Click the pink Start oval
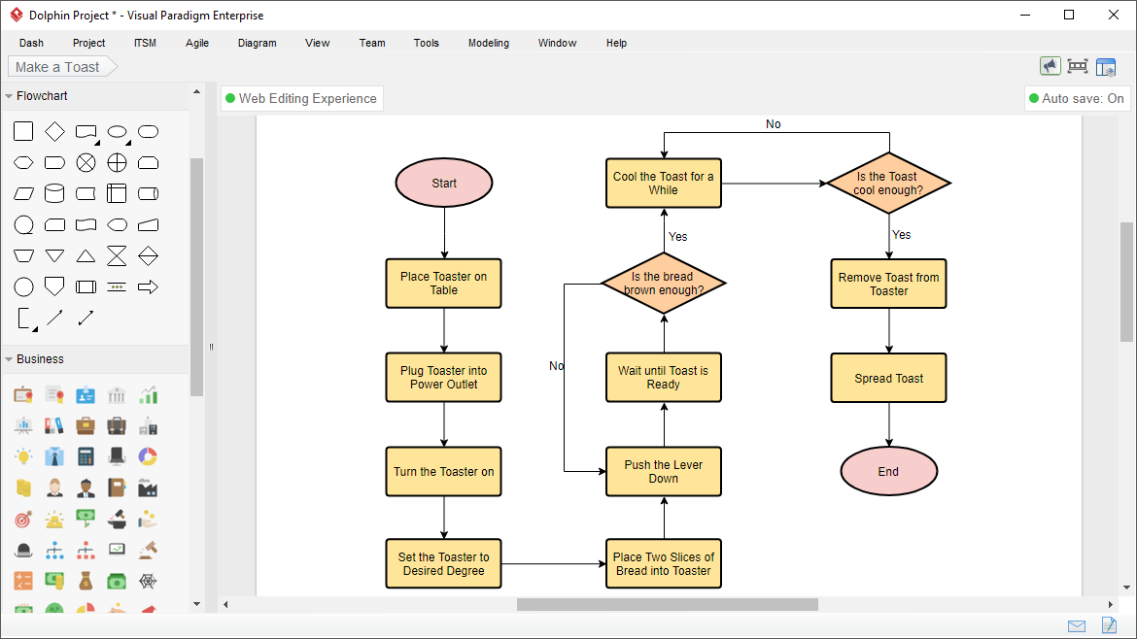pos(444,183)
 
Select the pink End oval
pos(888,472)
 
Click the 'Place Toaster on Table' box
pos(444,284)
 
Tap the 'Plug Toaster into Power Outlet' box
pos(444,378)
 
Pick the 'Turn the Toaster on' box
pos(444,472)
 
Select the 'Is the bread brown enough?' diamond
pos(664,284)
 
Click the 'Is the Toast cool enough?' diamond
pos(888,183)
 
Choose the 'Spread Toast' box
pos(888,378)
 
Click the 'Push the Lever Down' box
pos(664,472)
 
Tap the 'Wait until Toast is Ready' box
pos(664,378)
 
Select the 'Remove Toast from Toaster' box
pos(888,284)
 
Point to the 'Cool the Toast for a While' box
pos(664,183)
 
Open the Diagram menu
pos(257,43)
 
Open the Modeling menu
pos(488,43)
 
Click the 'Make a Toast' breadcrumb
pos(58,67)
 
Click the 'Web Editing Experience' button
pos(301,98)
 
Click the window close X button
pos(1113,15)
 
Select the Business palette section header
pos(40,359)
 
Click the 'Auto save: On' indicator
pos(1077,98)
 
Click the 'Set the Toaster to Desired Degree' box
pos(444,564)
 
